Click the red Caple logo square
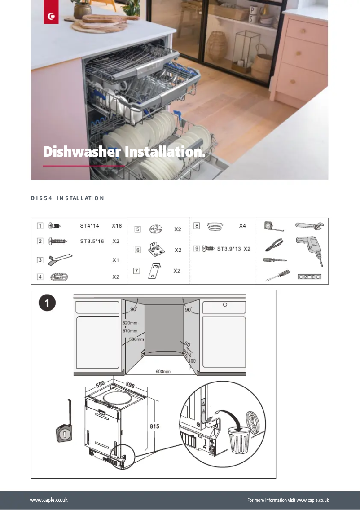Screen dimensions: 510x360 click(x=51, y=17)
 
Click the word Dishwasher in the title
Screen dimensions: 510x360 click(x=81, y=152)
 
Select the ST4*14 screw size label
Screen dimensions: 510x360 click(x=89, y=226)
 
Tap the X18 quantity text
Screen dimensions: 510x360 click(x=117, y=226)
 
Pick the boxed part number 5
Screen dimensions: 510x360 click(x=138, y=229)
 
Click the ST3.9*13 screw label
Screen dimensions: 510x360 click(x=229, y=248)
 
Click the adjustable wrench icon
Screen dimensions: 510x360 click(x=310, y=226)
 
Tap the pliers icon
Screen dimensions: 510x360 click(x=273, y=245)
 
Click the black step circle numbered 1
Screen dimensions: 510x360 click(x=47, y=304)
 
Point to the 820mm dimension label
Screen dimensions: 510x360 click(x=130, y=323)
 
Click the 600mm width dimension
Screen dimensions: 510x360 click(x=163, y=372)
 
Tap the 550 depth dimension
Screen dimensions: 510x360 click(x=100, y=385)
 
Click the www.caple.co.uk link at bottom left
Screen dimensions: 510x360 click(x=49, y=500)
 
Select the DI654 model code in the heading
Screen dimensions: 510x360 click(x=39, y=198)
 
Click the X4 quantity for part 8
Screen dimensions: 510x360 click(x=242, y=226)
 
